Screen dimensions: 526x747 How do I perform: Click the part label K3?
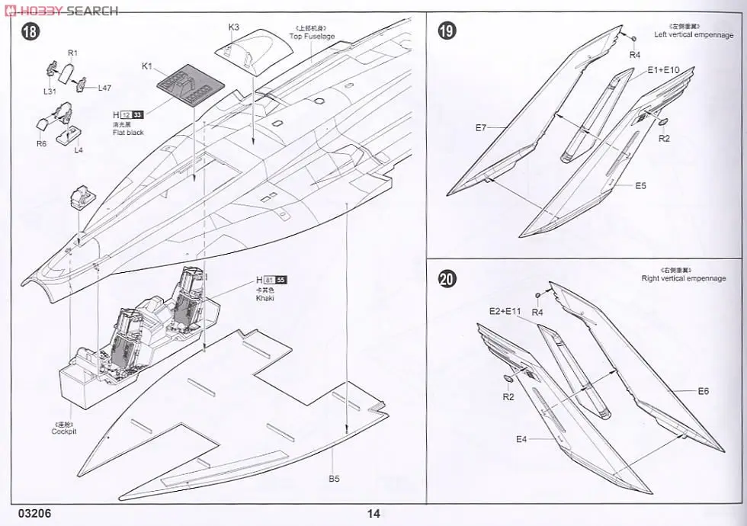click(234, 27)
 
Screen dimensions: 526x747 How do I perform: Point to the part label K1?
click(147, 66)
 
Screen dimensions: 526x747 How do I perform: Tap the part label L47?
click(105, 88)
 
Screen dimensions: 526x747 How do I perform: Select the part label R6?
click(41, 143)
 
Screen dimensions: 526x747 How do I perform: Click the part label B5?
click(334, 478)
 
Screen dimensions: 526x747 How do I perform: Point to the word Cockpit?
click(64, 432)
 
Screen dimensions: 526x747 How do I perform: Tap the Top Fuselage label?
click(312, 37)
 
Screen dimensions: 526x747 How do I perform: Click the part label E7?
click(480, 127)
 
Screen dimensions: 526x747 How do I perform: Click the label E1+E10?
click(663, 70)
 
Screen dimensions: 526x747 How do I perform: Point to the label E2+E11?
click(505, 310)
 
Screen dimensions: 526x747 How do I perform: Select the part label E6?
click(702, 391)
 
